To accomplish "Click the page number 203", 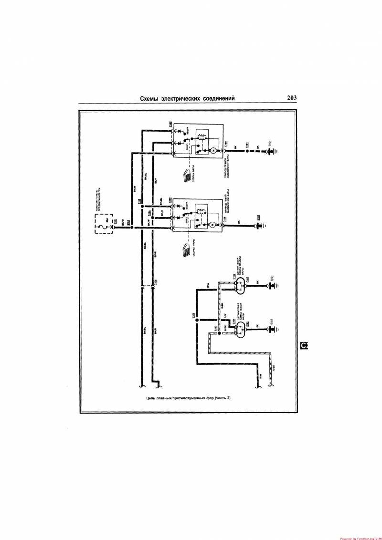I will [292, 98].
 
